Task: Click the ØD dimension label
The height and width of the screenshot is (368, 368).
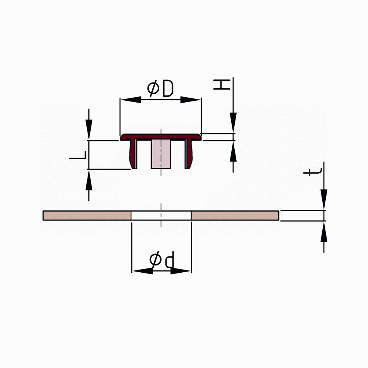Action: coord(160,88)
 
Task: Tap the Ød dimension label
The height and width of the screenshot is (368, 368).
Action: coord(162,260)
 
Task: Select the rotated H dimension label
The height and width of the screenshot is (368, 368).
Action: coord(222,84)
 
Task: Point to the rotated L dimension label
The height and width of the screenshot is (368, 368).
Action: coord(78,155)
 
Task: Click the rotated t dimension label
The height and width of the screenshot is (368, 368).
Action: coord(312,172)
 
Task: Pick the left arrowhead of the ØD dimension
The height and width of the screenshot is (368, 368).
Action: coord(131,100)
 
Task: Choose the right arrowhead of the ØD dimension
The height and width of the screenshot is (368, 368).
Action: coord(191,100)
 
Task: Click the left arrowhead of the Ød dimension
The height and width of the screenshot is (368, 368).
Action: coord(143,271)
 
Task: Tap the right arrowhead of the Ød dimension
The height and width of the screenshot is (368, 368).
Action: coord(181,271)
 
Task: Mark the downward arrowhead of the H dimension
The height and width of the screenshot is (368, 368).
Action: coord(233,123)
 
